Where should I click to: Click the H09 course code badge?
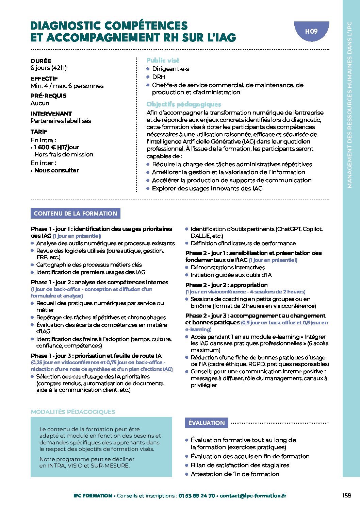311,31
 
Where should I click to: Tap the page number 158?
346,495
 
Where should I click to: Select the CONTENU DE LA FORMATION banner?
76,214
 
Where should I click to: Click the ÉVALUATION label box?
207,423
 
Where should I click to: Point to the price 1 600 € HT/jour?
56,147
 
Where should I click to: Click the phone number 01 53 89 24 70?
197,496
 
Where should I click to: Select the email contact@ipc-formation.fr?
253,496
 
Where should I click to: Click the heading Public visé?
163,60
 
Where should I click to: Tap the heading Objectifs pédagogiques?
184,104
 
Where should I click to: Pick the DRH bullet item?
159,77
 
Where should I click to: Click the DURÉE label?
41,61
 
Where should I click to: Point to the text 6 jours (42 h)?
49,68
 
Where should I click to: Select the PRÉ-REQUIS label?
49,96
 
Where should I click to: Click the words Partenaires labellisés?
61,121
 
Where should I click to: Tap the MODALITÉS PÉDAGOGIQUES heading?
73,412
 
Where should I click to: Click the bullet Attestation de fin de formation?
235,474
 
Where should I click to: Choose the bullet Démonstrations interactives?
228,268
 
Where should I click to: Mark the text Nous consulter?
56,170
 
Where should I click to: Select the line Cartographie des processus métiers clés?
89,265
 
